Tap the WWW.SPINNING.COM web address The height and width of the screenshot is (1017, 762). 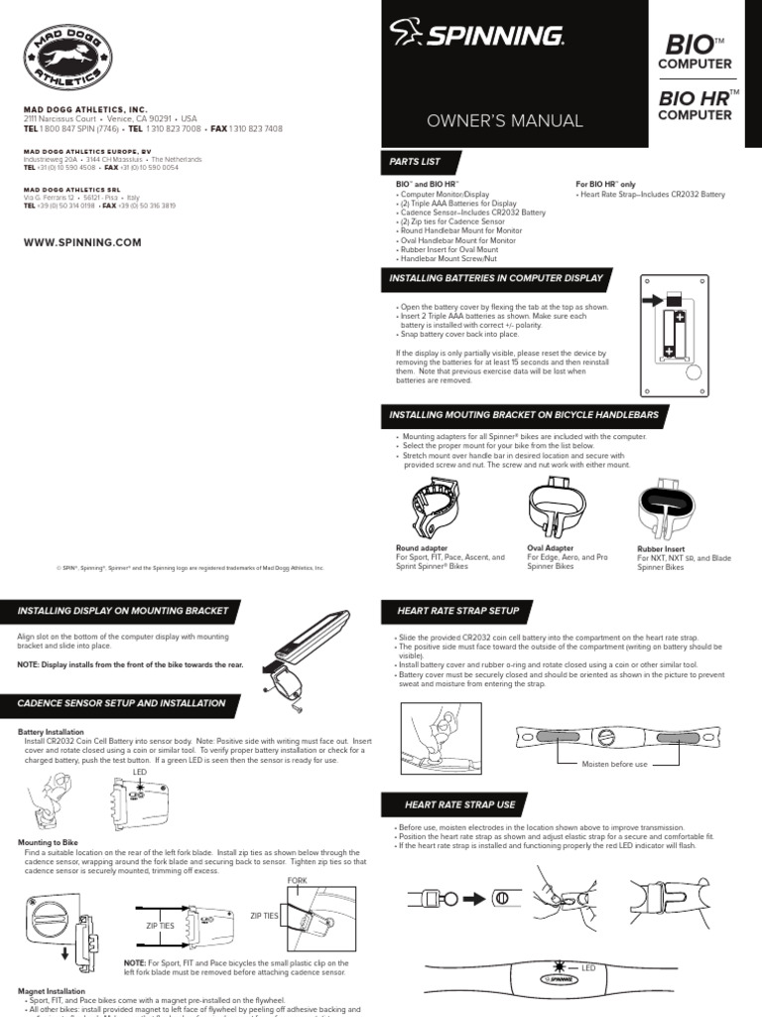click(x=82, y=242)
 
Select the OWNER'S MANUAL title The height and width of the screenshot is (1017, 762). click(x=504, y=121)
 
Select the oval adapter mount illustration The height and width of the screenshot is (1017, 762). click(x=558, y=507)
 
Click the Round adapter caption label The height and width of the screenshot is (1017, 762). click(x=422, y=547)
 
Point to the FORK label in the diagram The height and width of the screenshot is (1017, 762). click(x=298, y=882)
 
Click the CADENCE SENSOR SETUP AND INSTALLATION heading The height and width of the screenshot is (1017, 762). click(x=122, y=703)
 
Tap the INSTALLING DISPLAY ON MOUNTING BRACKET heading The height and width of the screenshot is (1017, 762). click(x=123, y=610)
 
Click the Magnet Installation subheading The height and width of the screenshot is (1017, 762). click(x=52, y=990)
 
